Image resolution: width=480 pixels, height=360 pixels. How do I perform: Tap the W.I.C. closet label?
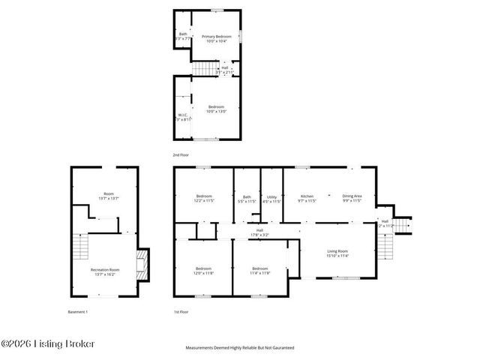click(x=183, y=117)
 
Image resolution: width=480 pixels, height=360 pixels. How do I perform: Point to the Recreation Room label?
click(x=105, y=271)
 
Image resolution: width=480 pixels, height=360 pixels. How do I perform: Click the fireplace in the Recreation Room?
click(x=139, y=263)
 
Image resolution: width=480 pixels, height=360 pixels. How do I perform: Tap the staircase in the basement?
click(x=80, y=245)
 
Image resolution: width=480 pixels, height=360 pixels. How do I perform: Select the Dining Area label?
click(x=352, y=198)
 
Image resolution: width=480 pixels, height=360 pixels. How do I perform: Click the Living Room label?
click(x=337, y=253)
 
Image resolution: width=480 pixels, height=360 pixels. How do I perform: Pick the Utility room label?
click(x=271, y=199)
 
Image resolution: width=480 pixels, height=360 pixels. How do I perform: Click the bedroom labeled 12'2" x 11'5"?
click(x=205, y=199)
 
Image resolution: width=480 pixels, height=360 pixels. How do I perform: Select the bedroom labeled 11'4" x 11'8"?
click(x=259, y=271)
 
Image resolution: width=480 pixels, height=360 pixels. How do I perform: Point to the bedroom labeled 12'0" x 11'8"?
click(x=204, y=271)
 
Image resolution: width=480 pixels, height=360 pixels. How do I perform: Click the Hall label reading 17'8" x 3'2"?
click(x=259, y=232)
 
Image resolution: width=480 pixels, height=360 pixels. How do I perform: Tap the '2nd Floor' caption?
click(x=181, y=154)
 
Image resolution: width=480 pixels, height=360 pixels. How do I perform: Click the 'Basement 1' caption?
click(x=78, y=311)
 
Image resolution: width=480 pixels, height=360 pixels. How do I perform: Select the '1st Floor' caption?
click(x=181, y=311)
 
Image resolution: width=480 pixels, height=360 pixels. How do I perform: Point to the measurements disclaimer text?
click(x=239, y=348)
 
